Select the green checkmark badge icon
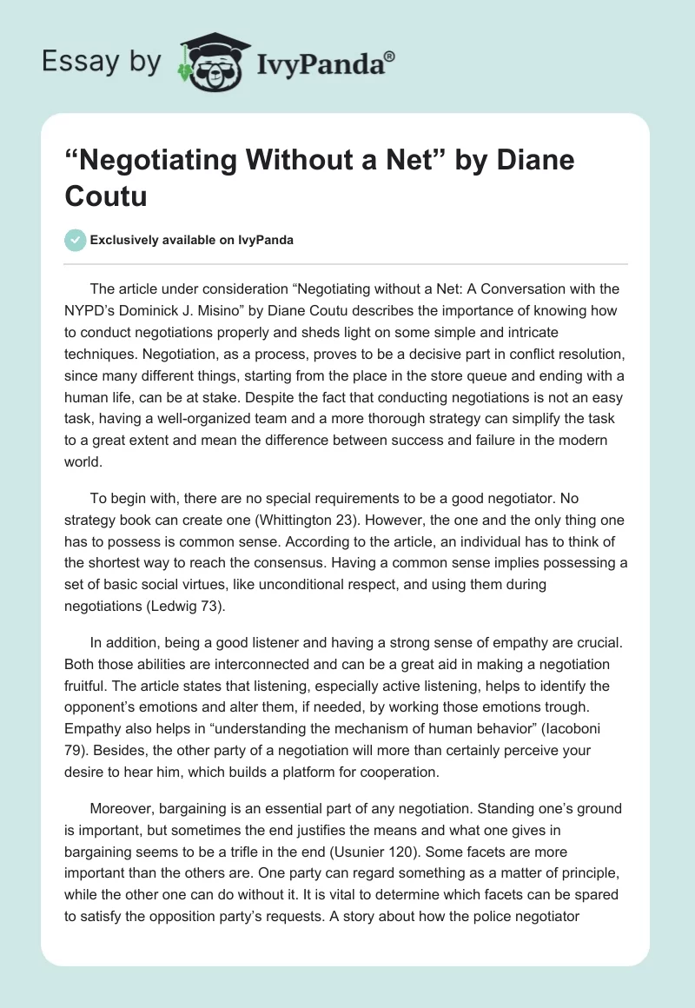(x=76, y=240)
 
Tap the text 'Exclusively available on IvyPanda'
(x=192, y=241)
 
